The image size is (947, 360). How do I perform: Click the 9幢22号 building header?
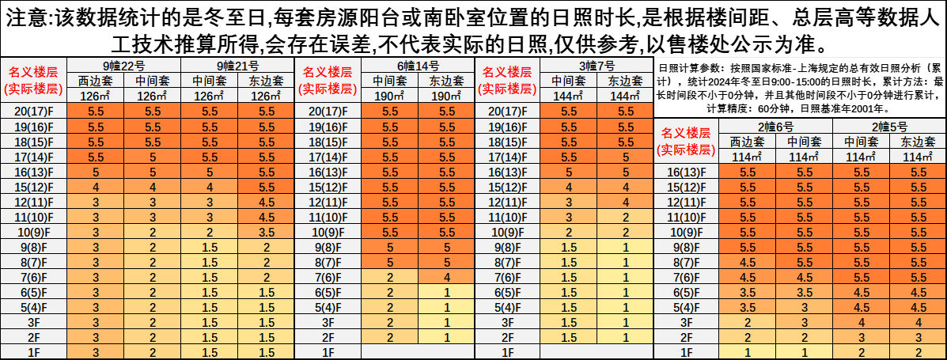coord(123,65)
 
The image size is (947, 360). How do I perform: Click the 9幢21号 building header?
coord(237,65)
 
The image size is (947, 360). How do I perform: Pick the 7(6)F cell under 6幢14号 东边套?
coord(447,277)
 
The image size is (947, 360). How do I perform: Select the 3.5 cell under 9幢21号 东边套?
coord(266,232)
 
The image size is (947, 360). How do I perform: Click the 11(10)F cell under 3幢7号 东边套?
coord(626,217)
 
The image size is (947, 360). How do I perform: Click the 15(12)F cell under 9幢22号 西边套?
coord(96,187)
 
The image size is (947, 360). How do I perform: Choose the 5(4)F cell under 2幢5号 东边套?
coord(918,307)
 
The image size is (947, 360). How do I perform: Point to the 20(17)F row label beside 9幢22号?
coord(33,112)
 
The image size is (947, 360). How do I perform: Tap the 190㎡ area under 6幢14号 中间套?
coord(390,96)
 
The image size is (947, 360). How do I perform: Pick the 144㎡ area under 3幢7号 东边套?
coord(626,96)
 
